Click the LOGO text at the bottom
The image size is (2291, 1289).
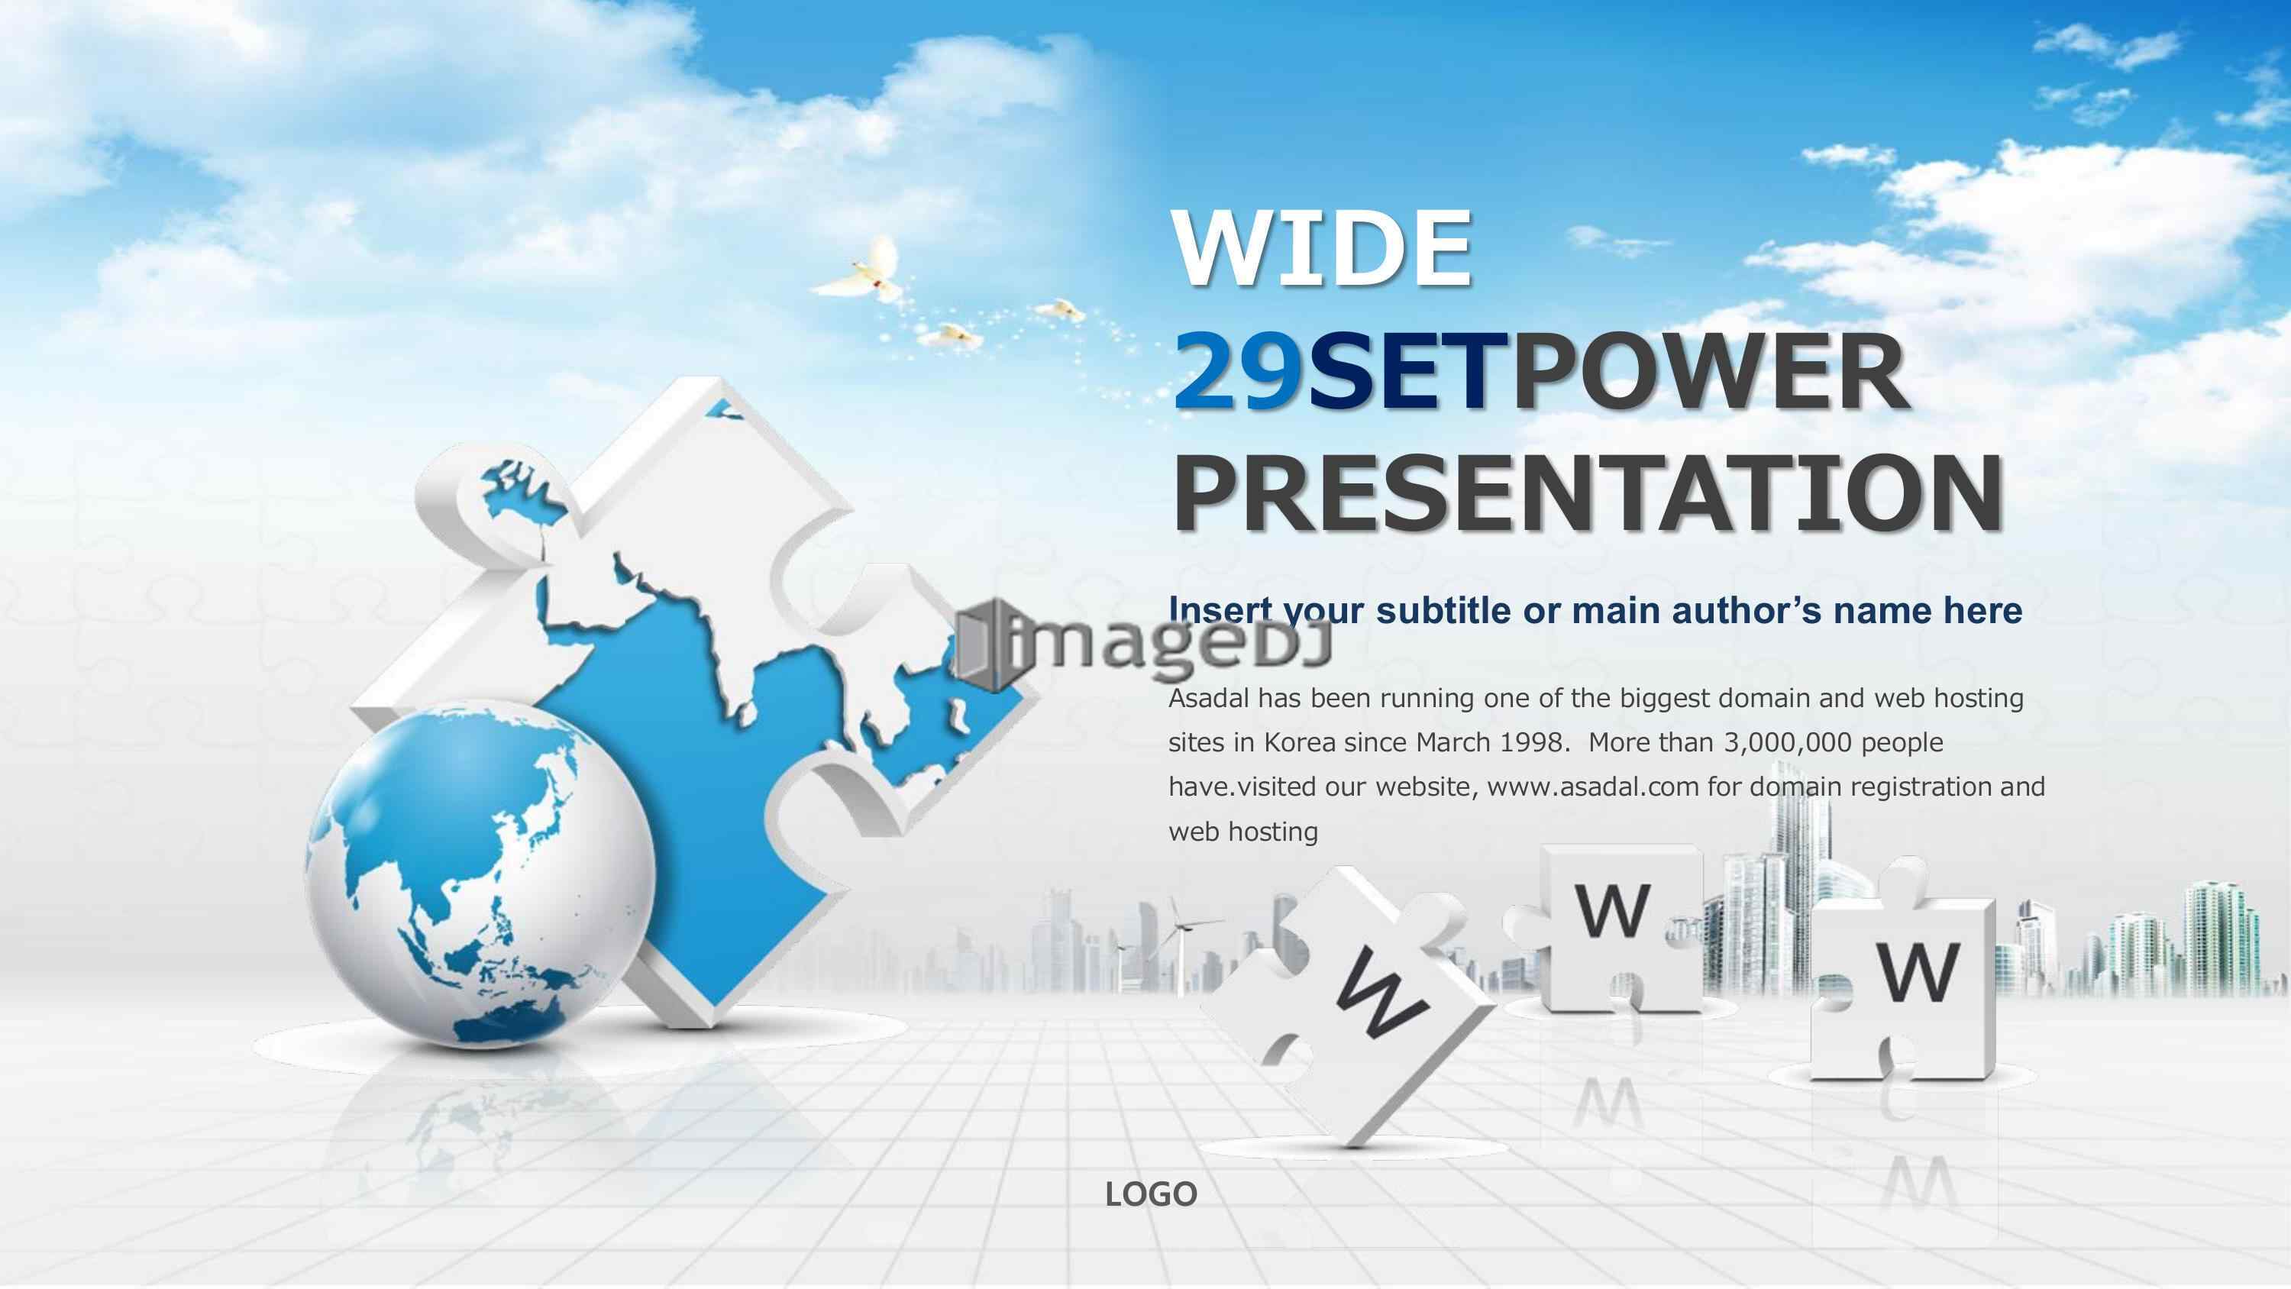[x=1151, y=1194]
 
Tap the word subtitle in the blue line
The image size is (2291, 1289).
[x=1461, y=610]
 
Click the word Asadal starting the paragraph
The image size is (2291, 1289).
[x=1210, y=698]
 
